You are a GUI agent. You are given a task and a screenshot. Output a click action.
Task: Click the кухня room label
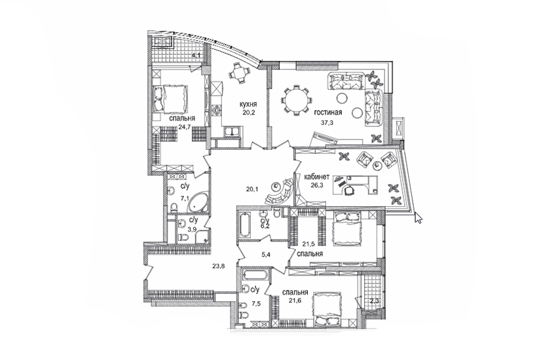click(248, 104)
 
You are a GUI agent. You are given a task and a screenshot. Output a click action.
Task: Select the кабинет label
click(317, 177)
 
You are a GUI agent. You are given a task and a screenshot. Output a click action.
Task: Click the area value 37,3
click(327, 123)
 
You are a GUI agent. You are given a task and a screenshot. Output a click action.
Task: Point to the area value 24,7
click(184, 126)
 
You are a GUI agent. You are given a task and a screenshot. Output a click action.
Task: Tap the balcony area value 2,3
click(375, 302)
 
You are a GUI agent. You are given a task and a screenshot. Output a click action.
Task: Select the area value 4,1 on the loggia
click(196, 55)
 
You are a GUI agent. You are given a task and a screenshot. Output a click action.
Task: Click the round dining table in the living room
click(297, 100)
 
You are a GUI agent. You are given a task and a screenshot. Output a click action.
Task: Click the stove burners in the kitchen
click(217, 110)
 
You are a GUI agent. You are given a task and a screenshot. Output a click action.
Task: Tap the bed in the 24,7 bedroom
click(170, 99)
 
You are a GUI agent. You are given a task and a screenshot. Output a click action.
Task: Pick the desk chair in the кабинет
click(349, 190)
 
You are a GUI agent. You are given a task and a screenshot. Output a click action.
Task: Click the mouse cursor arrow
click(418, 218)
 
